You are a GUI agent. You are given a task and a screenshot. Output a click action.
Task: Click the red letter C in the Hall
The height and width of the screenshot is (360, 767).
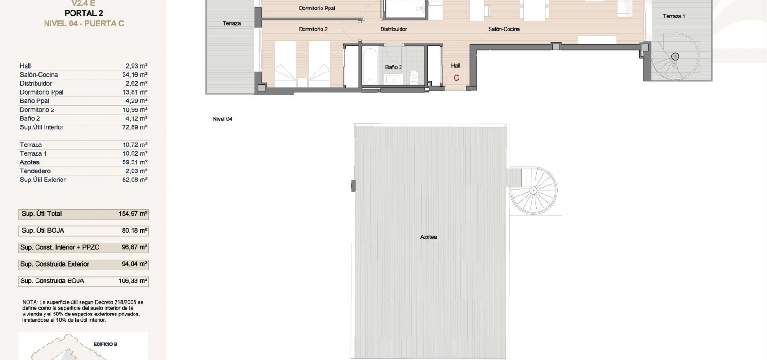456,78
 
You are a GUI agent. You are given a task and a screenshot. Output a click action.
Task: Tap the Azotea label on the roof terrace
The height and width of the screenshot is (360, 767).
428,237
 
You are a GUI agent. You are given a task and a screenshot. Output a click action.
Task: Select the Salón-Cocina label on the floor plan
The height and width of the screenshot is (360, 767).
504,29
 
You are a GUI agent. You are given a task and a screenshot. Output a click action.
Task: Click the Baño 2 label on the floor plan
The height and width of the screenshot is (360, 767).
393,67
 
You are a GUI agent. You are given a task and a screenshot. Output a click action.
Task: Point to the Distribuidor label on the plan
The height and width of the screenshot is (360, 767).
393,29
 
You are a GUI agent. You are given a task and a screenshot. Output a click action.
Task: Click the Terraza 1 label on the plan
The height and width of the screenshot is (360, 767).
674,16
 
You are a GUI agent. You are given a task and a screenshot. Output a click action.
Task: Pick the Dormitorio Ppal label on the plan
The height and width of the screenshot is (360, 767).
317,8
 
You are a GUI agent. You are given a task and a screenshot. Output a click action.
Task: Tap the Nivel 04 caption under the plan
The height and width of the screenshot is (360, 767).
222,119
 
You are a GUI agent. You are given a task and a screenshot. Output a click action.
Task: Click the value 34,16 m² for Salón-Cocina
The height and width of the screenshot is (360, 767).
135,75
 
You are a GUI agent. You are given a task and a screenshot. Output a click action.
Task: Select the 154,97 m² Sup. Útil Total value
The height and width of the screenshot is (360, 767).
133,214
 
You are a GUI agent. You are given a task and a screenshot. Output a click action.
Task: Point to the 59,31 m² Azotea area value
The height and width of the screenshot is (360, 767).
135,162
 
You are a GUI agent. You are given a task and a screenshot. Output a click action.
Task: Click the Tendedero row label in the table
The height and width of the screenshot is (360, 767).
35,171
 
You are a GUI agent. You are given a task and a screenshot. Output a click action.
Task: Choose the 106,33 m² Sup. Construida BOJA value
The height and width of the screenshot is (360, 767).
133,281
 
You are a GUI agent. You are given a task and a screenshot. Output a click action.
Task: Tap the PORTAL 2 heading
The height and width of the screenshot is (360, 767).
84,13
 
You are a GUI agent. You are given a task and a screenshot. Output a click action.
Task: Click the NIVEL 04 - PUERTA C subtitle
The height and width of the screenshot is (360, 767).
84,24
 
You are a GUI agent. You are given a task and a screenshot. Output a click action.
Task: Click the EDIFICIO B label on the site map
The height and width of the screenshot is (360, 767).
106,344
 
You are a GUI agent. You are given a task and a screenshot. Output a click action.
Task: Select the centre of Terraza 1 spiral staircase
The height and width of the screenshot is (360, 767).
675,56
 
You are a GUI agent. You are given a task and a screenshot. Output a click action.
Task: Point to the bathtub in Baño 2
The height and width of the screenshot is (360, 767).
370,66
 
